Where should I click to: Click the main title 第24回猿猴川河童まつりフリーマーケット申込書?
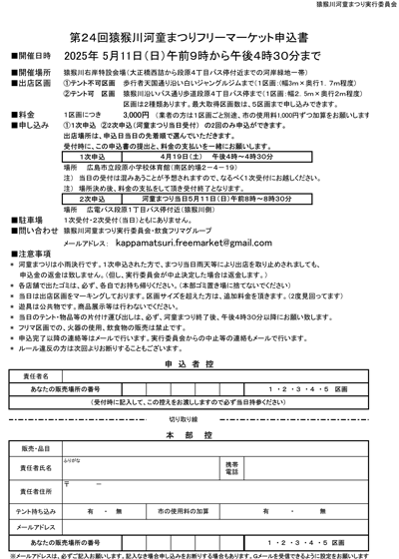199,31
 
